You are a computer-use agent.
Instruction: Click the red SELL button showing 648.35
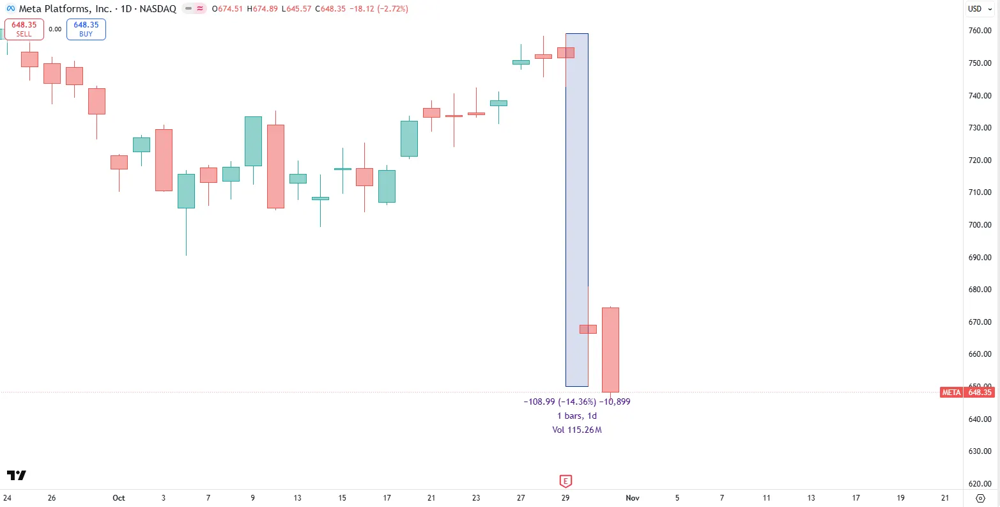tap(24, 29)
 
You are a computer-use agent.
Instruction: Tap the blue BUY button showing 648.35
tap(86, 29)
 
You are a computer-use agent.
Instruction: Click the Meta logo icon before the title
tap(10, 9)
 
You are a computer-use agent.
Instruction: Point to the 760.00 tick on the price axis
tap(979, 31)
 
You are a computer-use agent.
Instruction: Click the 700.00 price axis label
tap(979, 225)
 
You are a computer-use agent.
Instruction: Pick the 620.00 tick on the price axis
tap(979, 484)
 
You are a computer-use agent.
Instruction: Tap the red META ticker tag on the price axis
tap(951, 393)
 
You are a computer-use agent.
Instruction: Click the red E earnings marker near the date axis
tap(565, 481)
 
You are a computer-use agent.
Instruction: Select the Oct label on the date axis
tap(118, 498)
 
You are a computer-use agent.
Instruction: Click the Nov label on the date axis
tap(633, 498)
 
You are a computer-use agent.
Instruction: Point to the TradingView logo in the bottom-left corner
tap(17, 476)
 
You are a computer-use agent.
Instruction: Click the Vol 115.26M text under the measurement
tap(577, 430)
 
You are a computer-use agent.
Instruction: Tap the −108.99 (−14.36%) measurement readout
tap(559, 402)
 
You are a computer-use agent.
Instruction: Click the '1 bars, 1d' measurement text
tap(577, 416)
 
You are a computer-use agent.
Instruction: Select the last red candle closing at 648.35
tap(610, 350)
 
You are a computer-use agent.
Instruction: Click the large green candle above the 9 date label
tap(253, 141)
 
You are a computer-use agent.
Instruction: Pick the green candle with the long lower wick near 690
tap(186, 191)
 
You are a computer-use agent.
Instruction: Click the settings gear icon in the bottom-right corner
tap(981, 498)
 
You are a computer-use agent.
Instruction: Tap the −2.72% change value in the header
tap(392, 9)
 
